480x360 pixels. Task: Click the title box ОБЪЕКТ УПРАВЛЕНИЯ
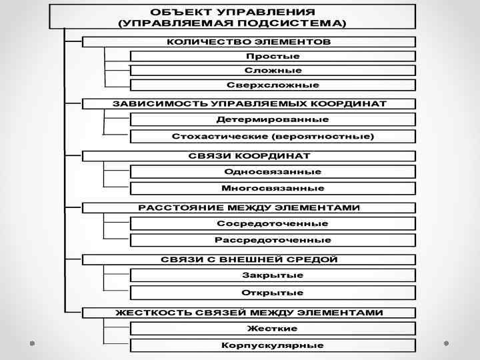click(232, 17)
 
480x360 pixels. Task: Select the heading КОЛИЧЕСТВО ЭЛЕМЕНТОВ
click(249, 41)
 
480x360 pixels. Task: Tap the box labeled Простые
click(273, 56)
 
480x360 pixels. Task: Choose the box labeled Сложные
click(273, 70)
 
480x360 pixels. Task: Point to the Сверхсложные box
click(273, 85)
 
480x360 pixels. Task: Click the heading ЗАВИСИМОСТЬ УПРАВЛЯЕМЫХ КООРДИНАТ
click(249, 104)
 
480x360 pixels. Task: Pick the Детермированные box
click(273, 119)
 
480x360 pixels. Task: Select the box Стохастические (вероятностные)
click(273, 136)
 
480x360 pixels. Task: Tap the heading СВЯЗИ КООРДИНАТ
click(249, 156)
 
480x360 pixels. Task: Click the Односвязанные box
click(273, 171)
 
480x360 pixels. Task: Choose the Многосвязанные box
click(273, 188)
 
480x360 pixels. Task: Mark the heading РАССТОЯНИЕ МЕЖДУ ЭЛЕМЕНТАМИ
click(249, 207)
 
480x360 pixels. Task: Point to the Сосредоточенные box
click(273, 223)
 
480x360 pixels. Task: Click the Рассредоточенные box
click(273, 240)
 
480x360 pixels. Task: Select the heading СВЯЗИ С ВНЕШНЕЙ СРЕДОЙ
click(249, 259)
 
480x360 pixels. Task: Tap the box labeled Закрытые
click(273, 275)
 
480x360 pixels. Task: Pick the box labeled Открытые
click(273, 293)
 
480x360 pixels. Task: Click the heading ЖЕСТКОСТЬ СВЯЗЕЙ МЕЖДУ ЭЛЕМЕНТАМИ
click(249, 312)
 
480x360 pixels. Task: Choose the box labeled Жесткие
click(273, 328)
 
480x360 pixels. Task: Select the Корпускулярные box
click(273, 345)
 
